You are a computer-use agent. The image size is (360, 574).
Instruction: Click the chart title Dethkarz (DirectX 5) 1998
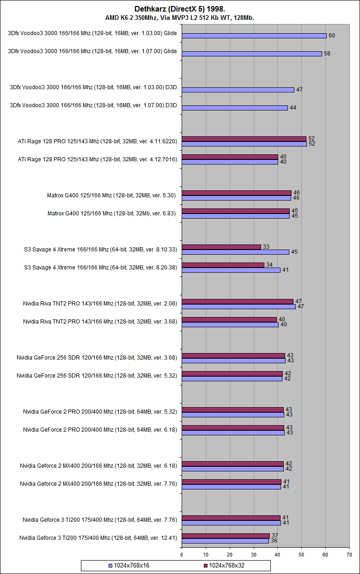[180, 9]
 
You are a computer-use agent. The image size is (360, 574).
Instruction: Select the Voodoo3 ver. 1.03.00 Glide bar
[254, 36]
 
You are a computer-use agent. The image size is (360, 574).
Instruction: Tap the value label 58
[327, 54]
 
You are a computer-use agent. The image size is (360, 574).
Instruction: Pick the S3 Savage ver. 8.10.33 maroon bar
[221, 247]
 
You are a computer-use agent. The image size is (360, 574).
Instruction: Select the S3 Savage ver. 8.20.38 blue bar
[231, 270]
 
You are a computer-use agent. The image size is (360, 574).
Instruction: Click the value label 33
[266, 247]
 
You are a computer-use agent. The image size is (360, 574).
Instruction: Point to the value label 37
[275, 536]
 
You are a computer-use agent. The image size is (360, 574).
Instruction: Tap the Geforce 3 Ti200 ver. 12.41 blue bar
[225, 541]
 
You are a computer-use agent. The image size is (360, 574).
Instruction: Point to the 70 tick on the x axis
[349, 554]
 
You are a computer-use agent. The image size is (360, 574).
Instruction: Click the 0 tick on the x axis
[182, 554]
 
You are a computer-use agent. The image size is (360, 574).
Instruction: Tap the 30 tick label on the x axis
[254, 554]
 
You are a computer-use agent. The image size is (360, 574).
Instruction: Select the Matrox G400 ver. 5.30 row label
[112, 195]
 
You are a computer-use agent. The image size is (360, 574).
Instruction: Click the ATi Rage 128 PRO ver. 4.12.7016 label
[98, 159]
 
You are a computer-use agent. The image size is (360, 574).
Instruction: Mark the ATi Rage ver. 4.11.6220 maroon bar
[244, 139]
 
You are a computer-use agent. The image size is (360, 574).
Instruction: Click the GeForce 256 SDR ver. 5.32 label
[97, 376]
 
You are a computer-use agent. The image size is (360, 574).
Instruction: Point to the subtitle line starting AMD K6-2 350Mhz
[180, 18]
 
